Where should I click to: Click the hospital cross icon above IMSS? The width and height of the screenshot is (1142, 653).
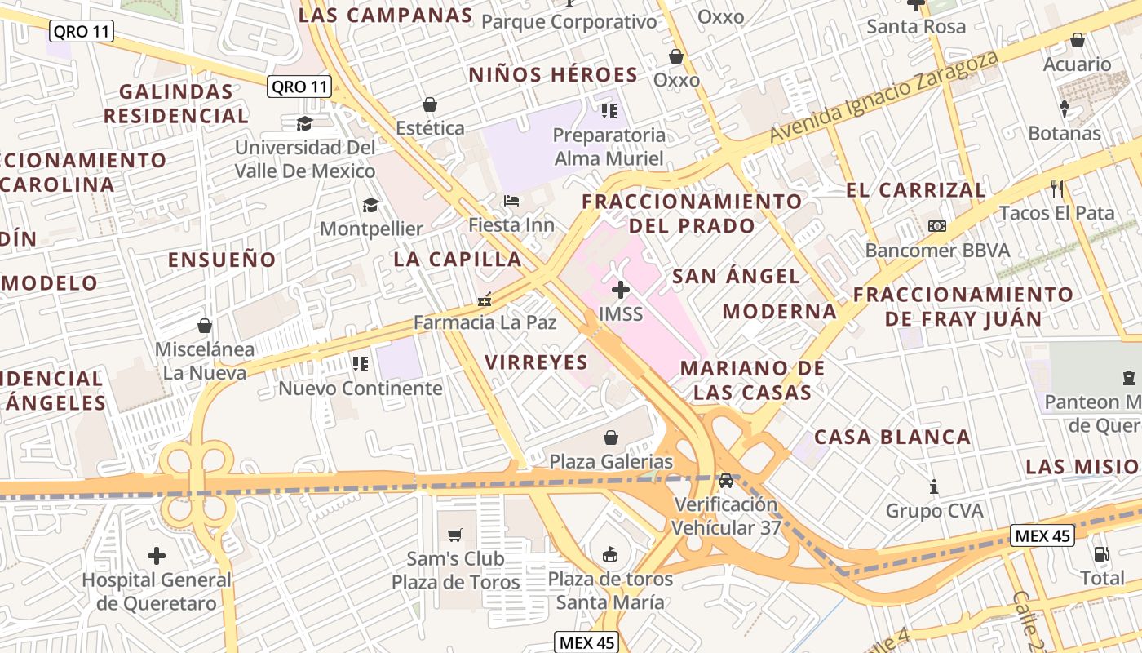621,289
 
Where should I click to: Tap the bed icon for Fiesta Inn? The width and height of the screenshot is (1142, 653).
511,200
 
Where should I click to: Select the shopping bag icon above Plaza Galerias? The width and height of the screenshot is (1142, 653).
610,438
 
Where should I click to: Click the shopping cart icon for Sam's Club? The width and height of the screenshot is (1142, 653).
455,535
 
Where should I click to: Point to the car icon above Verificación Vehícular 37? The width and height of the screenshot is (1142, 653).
726,480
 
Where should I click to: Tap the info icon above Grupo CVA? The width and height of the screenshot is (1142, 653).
935,487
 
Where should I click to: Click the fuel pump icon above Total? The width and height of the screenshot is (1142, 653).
1102,554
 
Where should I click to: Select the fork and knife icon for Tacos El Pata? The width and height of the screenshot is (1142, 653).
1057,189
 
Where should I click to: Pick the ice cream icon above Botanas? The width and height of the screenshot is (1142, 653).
1065,109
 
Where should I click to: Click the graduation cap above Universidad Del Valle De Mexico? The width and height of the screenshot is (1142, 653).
304,123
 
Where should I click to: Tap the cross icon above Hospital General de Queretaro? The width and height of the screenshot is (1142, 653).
157,556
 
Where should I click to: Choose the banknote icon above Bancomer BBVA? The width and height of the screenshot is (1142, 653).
937,225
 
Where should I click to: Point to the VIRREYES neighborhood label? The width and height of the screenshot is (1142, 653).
536,362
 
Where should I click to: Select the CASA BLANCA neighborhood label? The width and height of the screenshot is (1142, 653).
892,437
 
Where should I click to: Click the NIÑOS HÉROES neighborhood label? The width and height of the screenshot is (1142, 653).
553,75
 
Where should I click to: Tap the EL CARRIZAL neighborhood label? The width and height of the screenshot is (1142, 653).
915,190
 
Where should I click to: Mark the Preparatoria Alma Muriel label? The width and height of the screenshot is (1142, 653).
609,146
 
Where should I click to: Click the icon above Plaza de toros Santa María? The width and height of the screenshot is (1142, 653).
609,554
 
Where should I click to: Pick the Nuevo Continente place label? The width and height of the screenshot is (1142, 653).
361,388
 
